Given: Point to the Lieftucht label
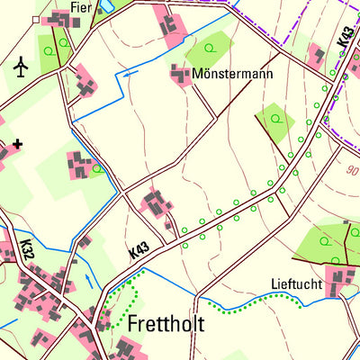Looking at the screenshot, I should point(295,283).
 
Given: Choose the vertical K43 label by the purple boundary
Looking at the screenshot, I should point(346,38).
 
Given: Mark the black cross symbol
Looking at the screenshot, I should point(17,142).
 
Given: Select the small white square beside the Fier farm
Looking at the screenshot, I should point(36,18).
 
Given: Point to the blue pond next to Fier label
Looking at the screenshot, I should point(105,4).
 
